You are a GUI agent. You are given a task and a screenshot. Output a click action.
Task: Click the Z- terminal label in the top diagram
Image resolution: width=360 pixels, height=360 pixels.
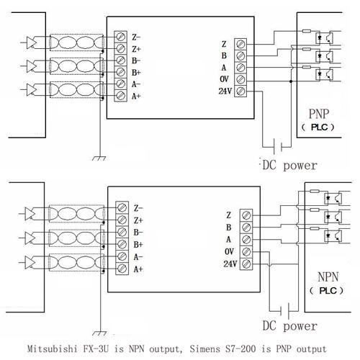click(137, 36)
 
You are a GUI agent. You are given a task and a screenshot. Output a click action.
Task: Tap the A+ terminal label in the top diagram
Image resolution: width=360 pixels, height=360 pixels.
click(137, 96)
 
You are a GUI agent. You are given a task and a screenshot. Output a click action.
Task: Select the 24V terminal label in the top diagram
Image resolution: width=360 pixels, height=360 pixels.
click(227, 90)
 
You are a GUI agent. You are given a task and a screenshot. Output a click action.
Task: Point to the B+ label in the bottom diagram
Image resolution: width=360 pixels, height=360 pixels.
click(138, 244)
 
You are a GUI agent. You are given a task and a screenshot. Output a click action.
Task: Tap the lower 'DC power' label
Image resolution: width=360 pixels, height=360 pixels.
click(289, 326)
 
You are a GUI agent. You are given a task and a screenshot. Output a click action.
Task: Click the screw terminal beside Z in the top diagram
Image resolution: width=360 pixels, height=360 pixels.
click(240, 44)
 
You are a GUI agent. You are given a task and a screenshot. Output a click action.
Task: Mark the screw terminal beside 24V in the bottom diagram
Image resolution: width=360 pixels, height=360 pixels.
click(245, 264)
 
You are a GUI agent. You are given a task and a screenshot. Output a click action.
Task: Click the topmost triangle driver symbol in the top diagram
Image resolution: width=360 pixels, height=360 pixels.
click(32, 41)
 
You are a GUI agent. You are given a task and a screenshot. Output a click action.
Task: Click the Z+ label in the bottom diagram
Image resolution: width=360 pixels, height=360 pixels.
click(138, 220)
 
